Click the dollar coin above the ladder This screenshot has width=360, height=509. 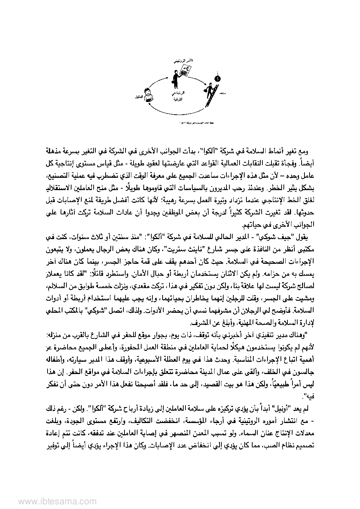point(217,78)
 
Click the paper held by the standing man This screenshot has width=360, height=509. point(185,71)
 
